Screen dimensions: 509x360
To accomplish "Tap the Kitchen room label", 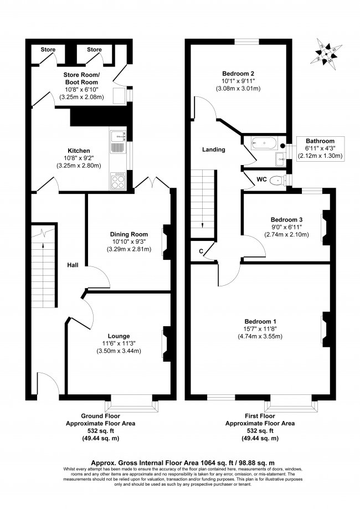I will [x=79, y=151].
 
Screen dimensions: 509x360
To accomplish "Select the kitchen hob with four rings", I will [x=119, y=179].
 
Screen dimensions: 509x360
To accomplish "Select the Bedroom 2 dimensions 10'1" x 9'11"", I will [x=238, y=81].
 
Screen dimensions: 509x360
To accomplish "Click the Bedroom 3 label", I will [x=286, y=219].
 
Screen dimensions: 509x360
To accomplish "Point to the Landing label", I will [x=213, y=150].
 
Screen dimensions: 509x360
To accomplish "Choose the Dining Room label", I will [x=128, y=234].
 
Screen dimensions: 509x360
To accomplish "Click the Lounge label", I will [x=119, y=336].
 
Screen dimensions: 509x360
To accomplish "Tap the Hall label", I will [x=73, y=265].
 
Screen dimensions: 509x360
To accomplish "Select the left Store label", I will [x=48, y=50].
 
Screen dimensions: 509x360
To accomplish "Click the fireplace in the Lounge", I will [x=166, y=343].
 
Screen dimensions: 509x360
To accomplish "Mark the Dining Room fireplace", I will [x=166, y=242].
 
